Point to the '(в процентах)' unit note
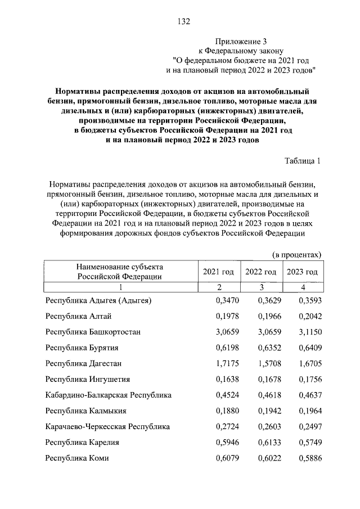point(297,255)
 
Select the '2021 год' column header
point(218,272)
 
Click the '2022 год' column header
point(260,272)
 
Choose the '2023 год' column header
point(302,272)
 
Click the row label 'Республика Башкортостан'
point(93,332)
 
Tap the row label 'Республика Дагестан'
point(84,363)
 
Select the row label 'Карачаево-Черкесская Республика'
point(107,426)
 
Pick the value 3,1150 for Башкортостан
point(303,332)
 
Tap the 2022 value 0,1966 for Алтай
point(269,316)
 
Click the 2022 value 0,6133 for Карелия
point(269,442)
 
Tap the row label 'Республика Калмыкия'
point(86,411)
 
